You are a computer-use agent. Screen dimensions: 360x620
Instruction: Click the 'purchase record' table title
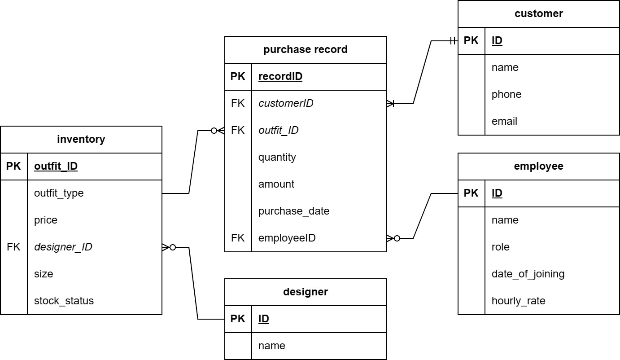click(x=305, y=49)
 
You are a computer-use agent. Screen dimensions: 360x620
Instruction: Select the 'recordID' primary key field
click(x=280, y=76)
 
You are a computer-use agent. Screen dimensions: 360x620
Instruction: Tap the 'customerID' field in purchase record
click(x=286, y=103)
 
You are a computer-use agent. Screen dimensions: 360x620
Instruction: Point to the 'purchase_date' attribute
click(x=294, y=211)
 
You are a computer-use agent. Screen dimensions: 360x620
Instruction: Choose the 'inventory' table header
click(x=81, y=139)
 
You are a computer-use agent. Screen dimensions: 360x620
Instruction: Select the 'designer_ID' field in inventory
click(x=63, y=247)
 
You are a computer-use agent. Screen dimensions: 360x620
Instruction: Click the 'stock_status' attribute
click(x=64, y=301)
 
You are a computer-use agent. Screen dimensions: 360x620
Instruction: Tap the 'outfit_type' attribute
click(x=59, y=193)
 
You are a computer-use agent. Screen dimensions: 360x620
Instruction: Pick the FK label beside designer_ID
click(x=13, y=247)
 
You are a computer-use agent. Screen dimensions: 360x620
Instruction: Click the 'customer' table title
click(x=538, y=13)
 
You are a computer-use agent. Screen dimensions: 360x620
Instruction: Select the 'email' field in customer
click(x=504, y=121)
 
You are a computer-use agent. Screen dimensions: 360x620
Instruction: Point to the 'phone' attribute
click(x=506, y=94)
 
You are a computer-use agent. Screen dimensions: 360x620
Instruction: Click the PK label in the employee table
click(x=471, y=193)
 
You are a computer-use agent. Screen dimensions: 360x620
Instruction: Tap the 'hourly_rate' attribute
click(x=518, y=301)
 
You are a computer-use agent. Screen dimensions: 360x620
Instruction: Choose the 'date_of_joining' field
click(x=528, y=274)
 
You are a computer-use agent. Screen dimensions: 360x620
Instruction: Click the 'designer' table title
click(x=305, y=292)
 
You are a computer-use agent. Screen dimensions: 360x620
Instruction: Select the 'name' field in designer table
click(x=271, y=346)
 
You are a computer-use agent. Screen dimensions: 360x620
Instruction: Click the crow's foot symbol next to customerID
click(x=390, y=104)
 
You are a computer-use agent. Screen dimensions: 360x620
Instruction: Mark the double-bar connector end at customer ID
click(x=453, y=41)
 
